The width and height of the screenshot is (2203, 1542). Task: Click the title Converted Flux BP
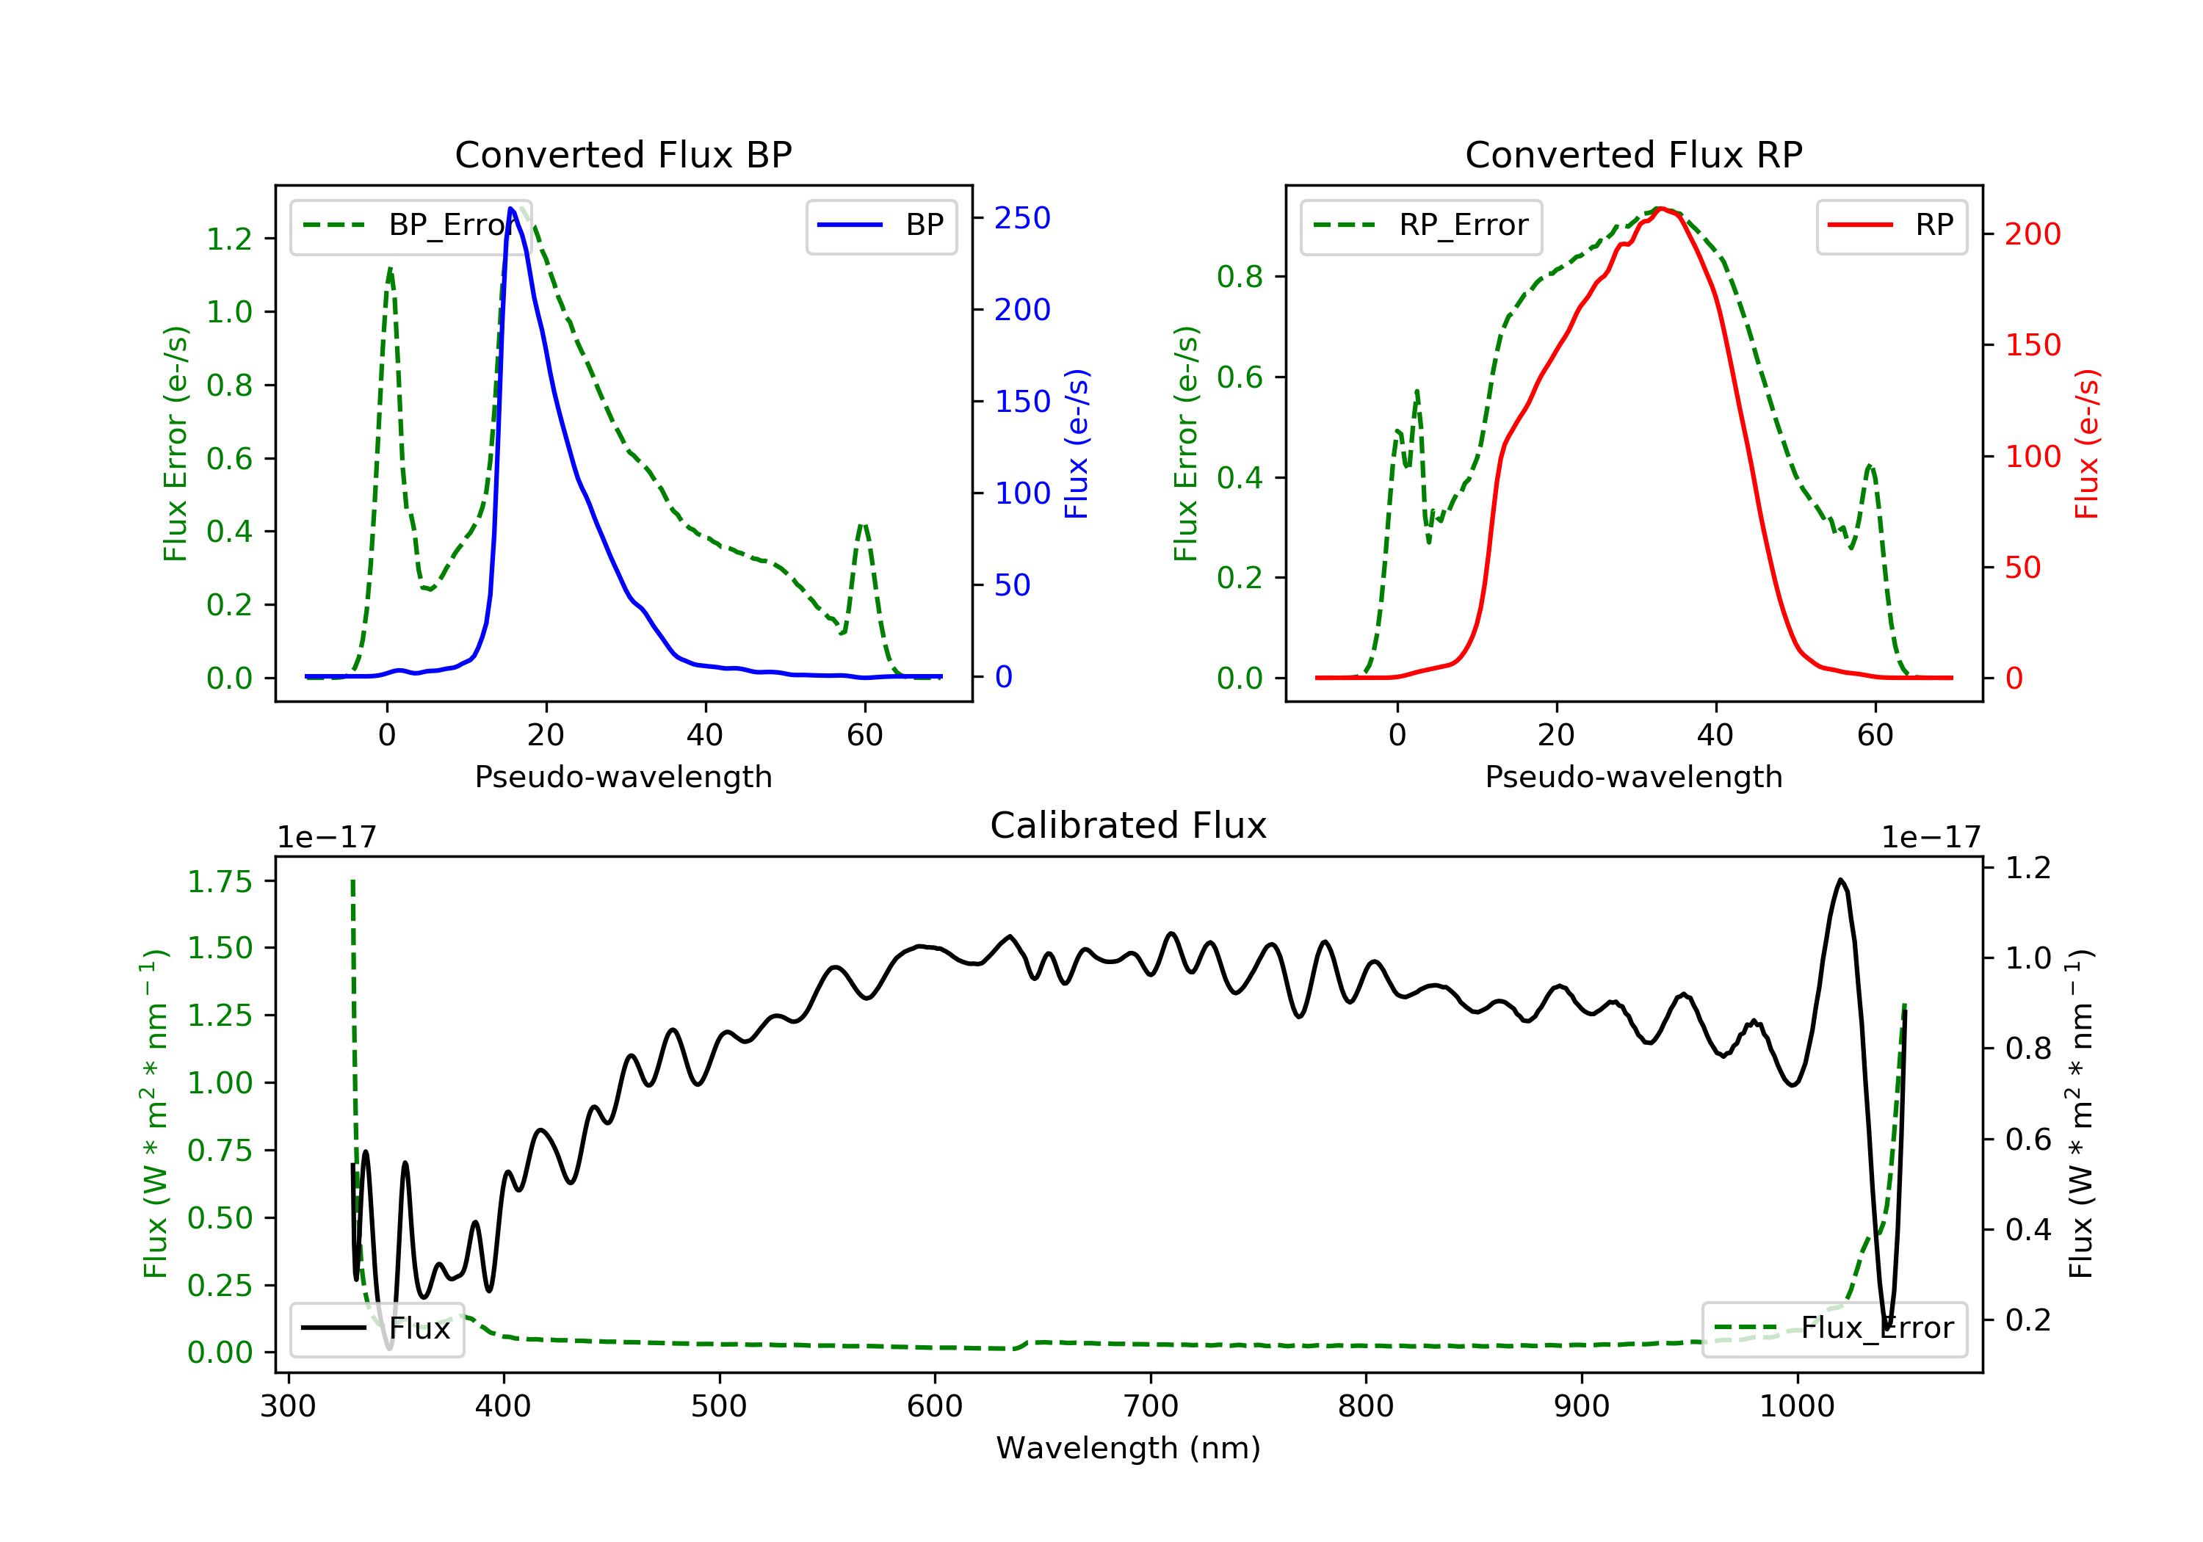623,154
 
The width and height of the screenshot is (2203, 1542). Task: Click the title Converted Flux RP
1633,154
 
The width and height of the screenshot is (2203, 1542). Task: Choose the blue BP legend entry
880,225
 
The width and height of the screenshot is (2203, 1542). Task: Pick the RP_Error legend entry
1420,225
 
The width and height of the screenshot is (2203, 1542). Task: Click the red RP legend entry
1891,225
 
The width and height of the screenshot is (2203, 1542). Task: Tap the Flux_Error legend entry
1834,1328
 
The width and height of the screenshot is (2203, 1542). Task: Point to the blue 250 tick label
1022,218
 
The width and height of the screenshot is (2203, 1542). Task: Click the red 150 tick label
2032,344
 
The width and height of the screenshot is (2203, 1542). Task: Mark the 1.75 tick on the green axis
220,881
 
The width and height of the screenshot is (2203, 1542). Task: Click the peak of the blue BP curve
510,209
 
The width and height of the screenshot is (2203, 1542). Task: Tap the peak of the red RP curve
1661,209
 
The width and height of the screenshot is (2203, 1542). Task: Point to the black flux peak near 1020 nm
1840,879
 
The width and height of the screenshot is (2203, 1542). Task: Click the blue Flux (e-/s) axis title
1077,444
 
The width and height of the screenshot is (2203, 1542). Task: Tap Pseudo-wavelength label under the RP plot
1633,776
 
